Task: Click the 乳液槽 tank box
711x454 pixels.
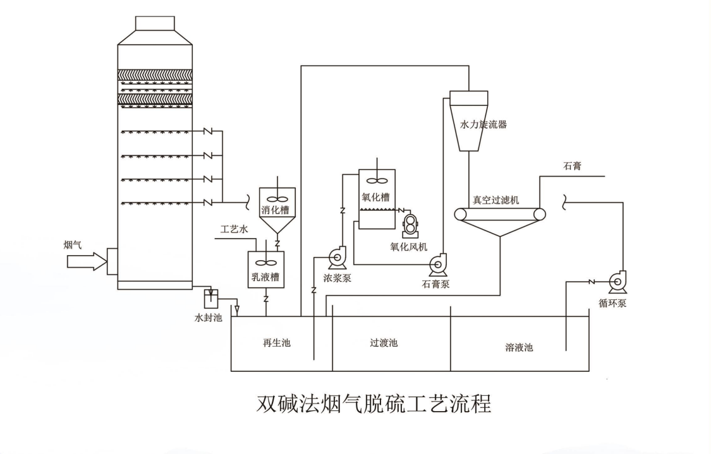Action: (x=265, y=270)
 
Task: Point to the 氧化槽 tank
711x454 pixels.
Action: (x=377, y=197)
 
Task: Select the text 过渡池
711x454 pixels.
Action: (x=384, y=343)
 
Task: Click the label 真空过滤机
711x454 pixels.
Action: (x=496, y=200)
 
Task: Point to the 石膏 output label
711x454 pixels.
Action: (x=572, y=167)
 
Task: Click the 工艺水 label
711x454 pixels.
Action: (x=232, y=228)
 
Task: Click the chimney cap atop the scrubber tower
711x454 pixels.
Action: (x=155, y=23)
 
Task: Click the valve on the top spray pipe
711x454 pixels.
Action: (x=207, y=133)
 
